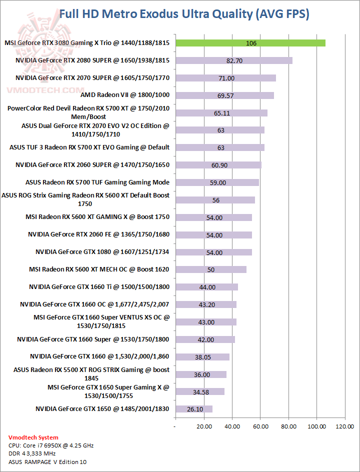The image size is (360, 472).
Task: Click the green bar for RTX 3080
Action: pyautogui.click(x=250, y=43)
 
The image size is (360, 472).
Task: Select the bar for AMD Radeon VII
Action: pyautogui.click(x=224, y=95)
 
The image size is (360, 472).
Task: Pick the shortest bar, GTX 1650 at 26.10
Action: pyautogui.click(x=193, y=409)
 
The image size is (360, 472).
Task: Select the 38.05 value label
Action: pyautogui.click(x=202, y=357)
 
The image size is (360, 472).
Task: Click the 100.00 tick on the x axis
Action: pyautogui.click(x=316, y=426)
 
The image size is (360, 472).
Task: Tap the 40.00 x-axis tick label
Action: pyautogui.click(x=231, y=426)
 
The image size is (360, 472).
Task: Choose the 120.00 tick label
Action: pyautogui.click(x=344, y=426)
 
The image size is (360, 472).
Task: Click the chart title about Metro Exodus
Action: pyautogui.click(x=184, y=14)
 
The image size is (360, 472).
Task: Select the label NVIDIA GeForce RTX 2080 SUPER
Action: pyautogui.click(x=92, y=60)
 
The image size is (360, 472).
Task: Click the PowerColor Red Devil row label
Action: pyautogui.click(x=88, y=112)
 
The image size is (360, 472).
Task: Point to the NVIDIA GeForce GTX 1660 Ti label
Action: pyautogui.click(x=99, y=287)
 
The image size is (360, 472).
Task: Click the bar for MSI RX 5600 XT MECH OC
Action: pyautogui.click(x=210, y=269)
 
